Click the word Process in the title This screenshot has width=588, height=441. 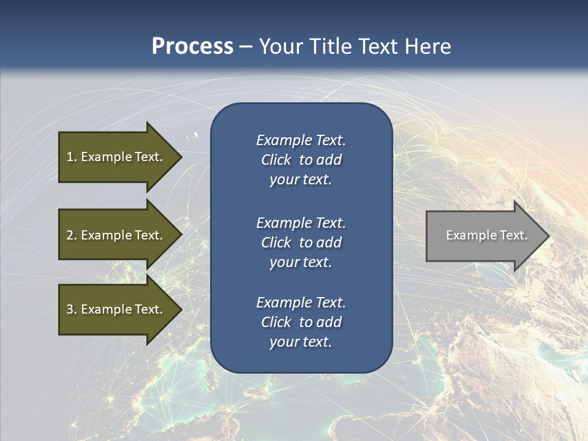[x=192, y=47]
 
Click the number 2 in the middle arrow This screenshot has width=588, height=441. [x=70, y=235]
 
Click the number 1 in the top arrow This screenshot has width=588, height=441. [x=70, y=157]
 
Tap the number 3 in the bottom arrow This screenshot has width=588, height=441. [x=70, y=309]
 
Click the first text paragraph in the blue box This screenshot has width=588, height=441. [x=301, y=160]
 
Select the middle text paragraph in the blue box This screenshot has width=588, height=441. [x=301, y=243]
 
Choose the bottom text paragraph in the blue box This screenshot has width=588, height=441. [x=301, y=322]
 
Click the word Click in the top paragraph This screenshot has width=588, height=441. [x=276, y=160]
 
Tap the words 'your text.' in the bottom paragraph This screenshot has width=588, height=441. [x=301, y=342]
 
